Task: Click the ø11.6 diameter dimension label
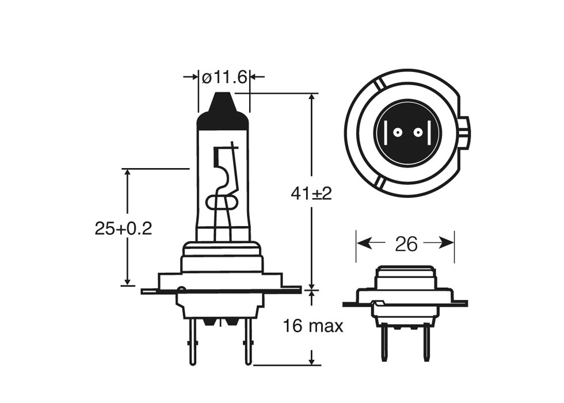pos(224,77)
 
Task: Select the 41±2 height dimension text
pos(311,194)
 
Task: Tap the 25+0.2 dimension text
pos(123,229)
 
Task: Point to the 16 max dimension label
pos(313,326)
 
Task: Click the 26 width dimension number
pos(406,244)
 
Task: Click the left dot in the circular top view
pos(396,134)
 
